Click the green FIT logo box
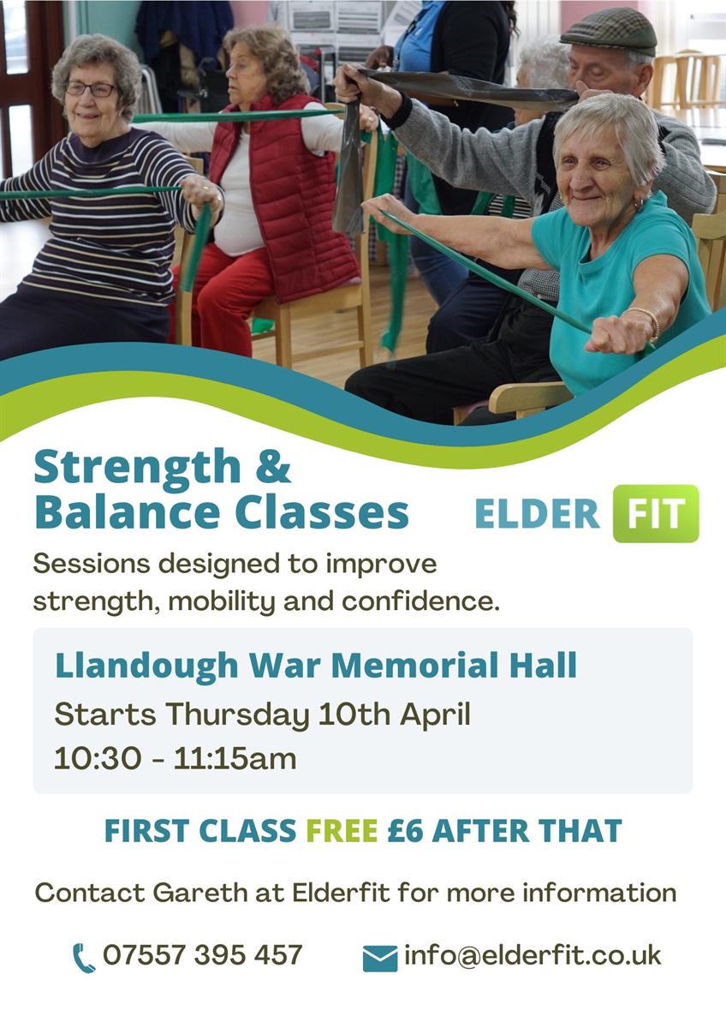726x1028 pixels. pyautogui.click(x=656, y=513)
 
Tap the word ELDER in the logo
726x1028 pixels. pyautogui.click(x=537, y=513)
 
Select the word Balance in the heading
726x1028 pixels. pyautogui.click(x=127, y=512)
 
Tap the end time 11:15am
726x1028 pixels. pyautogui.click(x=235, y=759)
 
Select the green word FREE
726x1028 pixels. pyautogui.click(x=342, y=830)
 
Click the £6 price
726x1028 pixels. pyautogui.click(x=405, y=830)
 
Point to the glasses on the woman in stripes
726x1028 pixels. pyautogui.click(x=91, y=89)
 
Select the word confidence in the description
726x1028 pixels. pyautogui.click(x=420, y=601)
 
